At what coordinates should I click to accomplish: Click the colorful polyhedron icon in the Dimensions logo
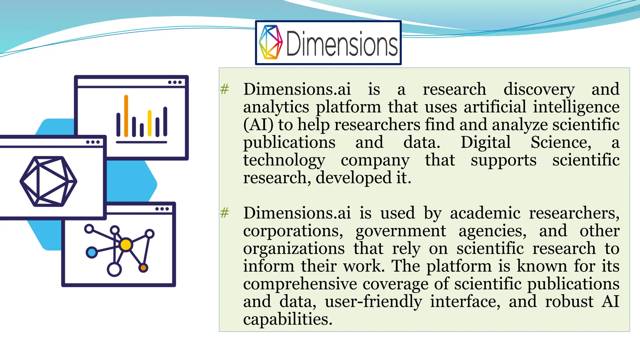pos(271,42)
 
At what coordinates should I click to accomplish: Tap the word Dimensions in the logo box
pos(342,44)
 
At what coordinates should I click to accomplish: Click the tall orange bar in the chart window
pos(126,116)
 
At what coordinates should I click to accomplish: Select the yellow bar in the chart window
pos(149,123)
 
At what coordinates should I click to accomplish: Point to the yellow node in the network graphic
pos(126,245)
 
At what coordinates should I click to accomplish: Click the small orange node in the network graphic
pos(143,267)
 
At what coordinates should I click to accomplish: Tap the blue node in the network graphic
pos(92,252)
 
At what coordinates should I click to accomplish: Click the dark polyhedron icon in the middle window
pos(48,181)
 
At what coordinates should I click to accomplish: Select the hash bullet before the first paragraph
pos(224,89)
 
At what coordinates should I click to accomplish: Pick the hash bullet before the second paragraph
pos(224,213)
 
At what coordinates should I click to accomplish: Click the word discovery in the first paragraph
pos(539,89)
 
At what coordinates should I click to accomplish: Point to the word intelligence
pos(576,107)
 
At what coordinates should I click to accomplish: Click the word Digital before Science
pos(485,142)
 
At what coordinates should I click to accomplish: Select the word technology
pos(284,160)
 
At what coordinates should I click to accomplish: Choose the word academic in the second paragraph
pos(485,213)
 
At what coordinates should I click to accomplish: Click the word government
pos(401,231)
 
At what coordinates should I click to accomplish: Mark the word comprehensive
pos(300,284)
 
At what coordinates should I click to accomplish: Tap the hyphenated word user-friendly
pos(373,302)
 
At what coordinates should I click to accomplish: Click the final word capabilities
pos(287,319)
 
